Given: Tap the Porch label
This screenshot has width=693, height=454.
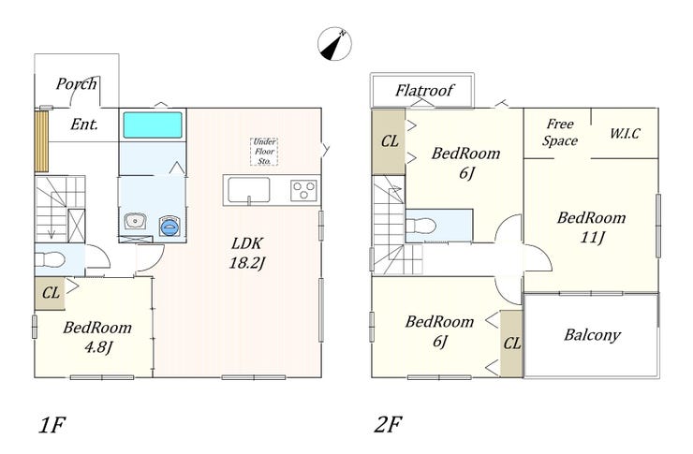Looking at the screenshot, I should [76, 84].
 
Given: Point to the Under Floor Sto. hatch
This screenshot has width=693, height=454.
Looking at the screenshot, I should [263, 151].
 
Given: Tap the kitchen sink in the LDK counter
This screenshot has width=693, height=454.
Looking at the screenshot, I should [248, 193].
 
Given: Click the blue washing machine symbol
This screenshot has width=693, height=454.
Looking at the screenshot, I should [170, 226].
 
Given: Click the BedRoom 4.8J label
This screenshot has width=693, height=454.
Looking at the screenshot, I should [96, 338].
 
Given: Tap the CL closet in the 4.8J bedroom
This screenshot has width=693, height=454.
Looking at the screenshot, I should [51, 293].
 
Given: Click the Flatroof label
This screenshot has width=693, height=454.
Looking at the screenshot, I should [423, 92].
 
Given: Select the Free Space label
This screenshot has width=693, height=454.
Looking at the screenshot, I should [561, 132].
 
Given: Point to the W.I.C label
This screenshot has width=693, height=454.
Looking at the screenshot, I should [625, 133].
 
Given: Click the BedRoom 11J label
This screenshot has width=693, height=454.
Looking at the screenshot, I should [590, 227].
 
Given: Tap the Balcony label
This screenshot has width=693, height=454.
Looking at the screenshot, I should [592, 334].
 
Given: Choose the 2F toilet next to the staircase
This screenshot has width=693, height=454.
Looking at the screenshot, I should [426, 226].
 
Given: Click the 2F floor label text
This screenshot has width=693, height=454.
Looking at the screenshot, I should [388, 425].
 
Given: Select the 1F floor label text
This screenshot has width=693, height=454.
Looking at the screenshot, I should [52, 425].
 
